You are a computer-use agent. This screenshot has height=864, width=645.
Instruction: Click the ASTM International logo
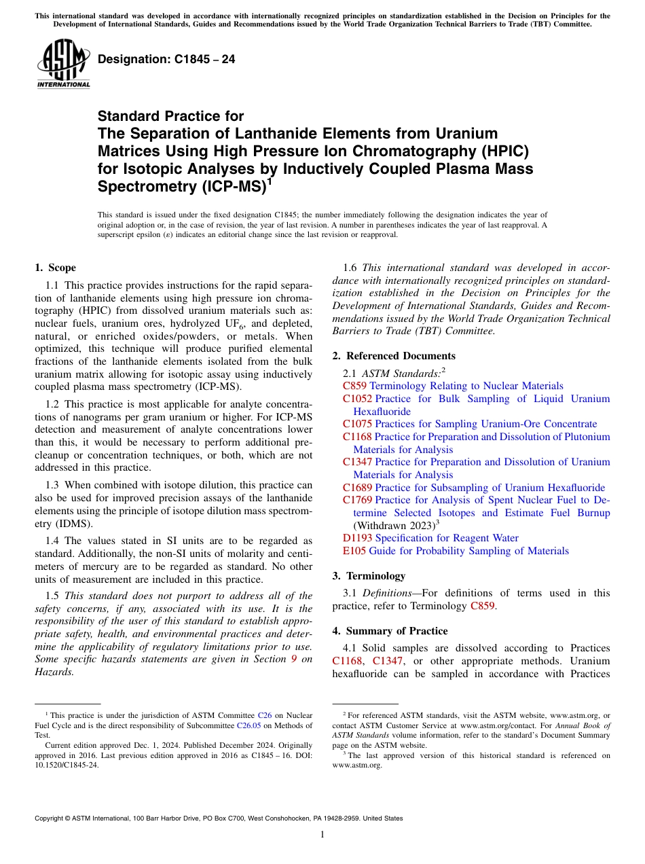(x=63, y=64)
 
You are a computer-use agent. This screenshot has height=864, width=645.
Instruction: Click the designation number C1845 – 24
(x=166, y=59)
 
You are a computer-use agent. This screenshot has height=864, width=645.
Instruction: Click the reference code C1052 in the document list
(x=358, y=399)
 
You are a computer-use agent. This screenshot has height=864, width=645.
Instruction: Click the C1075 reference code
(x=358, y=424)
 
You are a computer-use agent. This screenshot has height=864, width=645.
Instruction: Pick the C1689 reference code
(x=358, y=488)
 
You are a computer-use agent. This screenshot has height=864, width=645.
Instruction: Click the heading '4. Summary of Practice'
(x=390, y=631)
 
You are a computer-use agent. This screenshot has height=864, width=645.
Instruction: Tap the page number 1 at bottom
(x=322, y=835)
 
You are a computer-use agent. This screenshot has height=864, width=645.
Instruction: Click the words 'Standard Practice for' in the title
(x=170, y=116)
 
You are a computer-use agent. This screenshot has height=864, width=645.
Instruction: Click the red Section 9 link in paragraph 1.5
(x=293, y=659)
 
